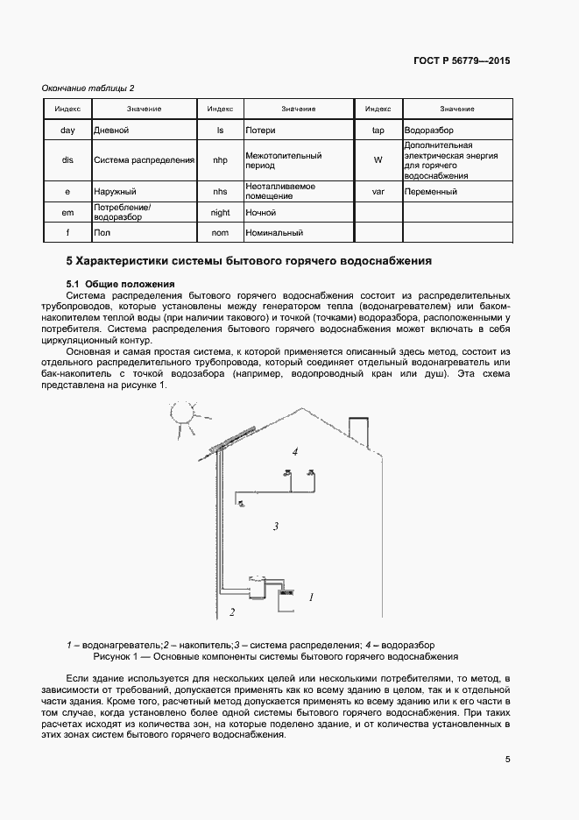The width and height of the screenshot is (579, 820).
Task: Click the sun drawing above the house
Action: coord(184,414)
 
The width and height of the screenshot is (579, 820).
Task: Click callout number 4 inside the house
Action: coord(295,451)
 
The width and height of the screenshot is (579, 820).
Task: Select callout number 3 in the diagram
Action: coord(275,527)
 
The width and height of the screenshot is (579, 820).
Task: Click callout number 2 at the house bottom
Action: coord(232,611)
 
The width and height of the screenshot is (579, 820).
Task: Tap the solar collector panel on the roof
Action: coord(232,438)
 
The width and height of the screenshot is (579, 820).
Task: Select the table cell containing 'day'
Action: coord(67,130)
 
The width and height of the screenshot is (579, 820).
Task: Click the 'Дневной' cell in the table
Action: coord(145,130)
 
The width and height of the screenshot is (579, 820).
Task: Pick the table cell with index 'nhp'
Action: coord(220,160)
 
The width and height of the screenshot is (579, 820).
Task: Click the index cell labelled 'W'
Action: coord(378,160)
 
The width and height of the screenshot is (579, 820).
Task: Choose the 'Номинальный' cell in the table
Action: coord(298,233)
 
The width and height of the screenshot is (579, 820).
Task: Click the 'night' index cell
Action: coord(220,212)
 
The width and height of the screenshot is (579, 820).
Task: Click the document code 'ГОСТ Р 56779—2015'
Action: coord(462,61)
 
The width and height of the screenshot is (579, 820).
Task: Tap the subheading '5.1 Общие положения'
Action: coord(120,284)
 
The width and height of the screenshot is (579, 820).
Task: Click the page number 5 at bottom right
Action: coord(508,760)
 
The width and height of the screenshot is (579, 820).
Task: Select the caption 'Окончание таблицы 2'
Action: coord(88,88)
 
